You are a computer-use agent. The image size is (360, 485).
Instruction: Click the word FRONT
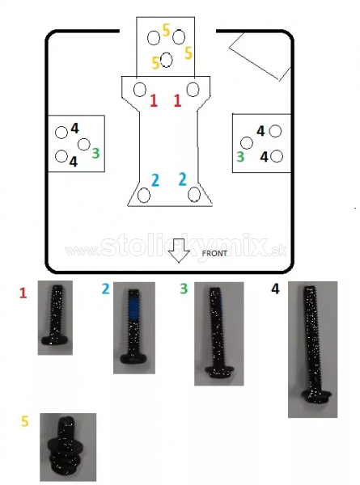click(x=214, y=253)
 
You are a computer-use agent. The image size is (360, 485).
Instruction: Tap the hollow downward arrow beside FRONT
click(x=179, y=251)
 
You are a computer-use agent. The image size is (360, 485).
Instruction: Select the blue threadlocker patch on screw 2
click(x=133, y=309)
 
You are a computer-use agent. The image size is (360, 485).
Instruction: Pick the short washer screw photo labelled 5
click(x=68, y=447)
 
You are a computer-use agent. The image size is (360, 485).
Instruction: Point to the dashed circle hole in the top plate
click(x=167, y=60)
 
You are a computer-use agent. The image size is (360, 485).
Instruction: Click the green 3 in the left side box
click(x=96, y=153)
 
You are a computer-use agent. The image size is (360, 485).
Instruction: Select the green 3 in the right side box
click(x=240, y=157)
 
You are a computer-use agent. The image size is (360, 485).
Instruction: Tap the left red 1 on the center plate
click(x=154, y=101)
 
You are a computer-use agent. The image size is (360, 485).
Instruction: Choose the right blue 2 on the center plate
click(x=183, y=179)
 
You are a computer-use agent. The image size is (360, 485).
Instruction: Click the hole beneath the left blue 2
click(x=144, y=195)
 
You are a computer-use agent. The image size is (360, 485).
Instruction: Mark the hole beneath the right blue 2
click(x=194, y=194)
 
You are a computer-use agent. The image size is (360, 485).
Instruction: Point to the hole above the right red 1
click(x=193, y=90)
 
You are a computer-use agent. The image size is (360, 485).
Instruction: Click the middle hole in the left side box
click(x=83, y=144)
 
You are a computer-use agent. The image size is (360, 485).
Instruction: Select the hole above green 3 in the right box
click(x=247, y=143)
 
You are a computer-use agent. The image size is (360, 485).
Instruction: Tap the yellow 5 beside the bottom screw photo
click(x=25, y=421)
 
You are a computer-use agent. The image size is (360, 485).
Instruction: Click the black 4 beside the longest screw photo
click(x=275, y=289)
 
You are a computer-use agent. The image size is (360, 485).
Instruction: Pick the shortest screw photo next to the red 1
click(x=55, y=318)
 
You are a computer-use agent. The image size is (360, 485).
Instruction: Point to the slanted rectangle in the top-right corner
click(x=260, y=57)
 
